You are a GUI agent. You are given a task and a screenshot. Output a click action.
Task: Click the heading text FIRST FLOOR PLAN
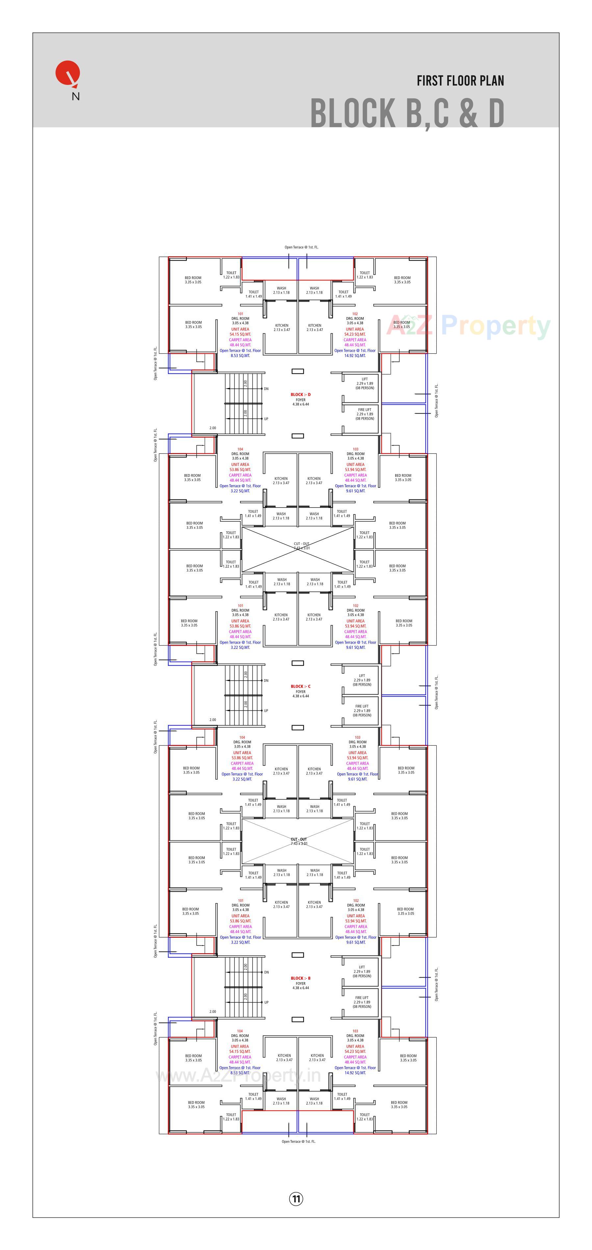[460, 81]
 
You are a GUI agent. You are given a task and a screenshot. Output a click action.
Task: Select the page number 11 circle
[296, 1199]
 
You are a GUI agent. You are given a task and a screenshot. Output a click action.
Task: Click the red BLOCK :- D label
[300, 395]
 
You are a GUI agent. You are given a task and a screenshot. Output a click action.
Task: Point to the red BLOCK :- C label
[300, 686]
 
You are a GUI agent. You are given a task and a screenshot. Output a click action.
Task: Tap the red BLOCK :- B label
[300, 978]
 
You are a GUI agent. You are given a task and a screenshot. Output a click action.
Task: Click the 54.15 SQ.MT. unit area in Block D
[240, 334]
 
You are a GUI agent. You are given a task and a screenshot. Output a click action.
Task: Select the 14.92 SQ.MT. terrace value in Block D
[355, 356]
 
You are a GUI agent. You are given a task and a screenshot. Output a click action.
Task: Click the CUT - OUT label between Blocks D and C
[301, 544]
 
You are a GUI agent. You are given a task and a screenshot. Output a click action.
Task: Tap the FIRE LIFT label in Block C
[362, 706]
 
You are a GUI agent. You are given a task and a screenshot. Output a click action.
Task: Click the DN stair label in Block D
[266, 389]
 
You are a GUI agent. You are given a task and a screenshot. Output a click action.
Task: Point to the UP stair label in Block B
[266, 1002]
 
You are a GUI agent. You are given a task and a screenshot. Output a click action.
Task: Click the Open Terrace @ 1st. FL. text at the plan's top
[301, 247]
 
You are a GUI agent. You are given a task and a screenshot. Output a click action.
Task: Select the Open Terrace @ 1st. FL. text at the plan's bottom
[298, 1141]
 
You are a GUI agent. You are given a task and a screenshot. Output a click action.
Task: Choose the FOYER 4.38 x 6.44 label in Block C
[300, 694]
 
